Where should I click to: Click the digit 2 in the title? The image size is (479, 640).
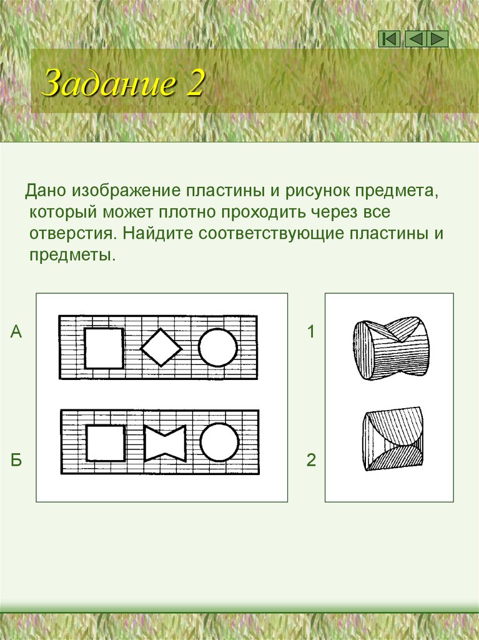pyautogui.click(x=194, y=84)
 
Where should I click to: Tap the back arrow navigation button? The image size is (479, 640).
pyautogui.click(x=414, y=39)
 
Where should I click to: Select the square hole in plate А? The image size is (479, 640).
pyautogui.click(x=104, y=347)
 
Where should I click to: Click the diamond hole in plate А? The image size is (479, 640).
pyautogui.click(x=161, y=347)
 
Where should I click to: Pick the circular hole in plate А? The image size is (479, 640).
pyautogui.click(x=218, y=347)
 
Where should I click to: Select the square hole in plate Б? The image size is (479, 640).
pyautogui.click(x=105, y=442)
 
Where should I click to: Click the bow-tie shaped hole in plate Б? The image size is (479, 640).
pyautogui.click(x=165, y=443)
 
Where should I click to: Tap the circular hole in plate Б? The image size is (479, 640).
pyautogui.click(x=219, y=442)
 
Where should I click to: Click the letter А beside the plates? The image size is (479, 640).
pyautogui.click(x=16, y=332)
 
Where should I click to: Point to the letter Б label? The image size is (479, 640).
pyautogui.click(x=16, y=461)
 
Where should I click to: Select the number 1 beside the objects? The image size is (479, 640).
pyautogui.click(x=311, y=332)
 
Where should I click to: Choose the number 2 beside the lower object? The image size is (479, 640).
pyautogui.click(x=311, y=461)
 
